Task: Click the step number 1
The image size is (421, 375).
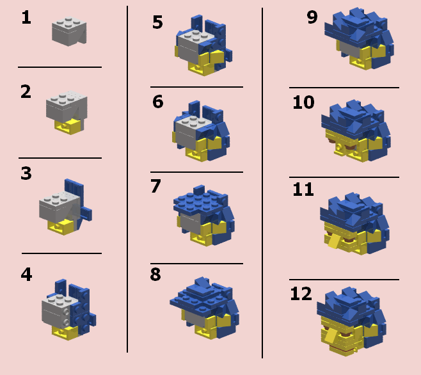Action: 26,18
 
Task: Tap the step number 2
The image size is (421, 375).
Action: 26,92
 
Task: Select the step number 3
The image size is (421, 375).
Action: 26,173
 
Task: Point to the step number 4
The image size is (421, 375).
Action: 26,275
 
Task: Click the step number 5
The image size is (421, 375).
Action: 157,22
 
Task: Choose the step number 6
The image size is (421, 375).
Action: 158,102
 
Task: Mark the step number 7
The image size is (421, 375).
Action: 155,186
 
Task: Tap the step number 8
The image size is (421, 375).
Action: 155,275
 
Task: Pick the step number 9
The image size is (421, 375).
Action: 312,17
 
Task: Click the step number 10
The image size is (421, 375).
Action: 303,102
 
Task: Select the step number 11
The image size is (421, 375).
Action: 303,189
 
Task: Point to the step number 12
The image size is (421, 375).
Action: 301,294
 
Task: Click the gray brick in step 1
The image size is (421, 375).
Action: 69,31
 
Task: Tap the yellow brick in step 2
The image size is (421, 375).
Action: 68,126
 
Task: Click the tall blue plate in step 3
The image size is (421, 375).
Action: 74,193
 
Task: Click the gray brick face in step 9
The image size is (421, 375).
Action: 349,50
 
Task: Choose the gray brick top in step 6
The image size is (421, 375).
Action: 194,122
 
